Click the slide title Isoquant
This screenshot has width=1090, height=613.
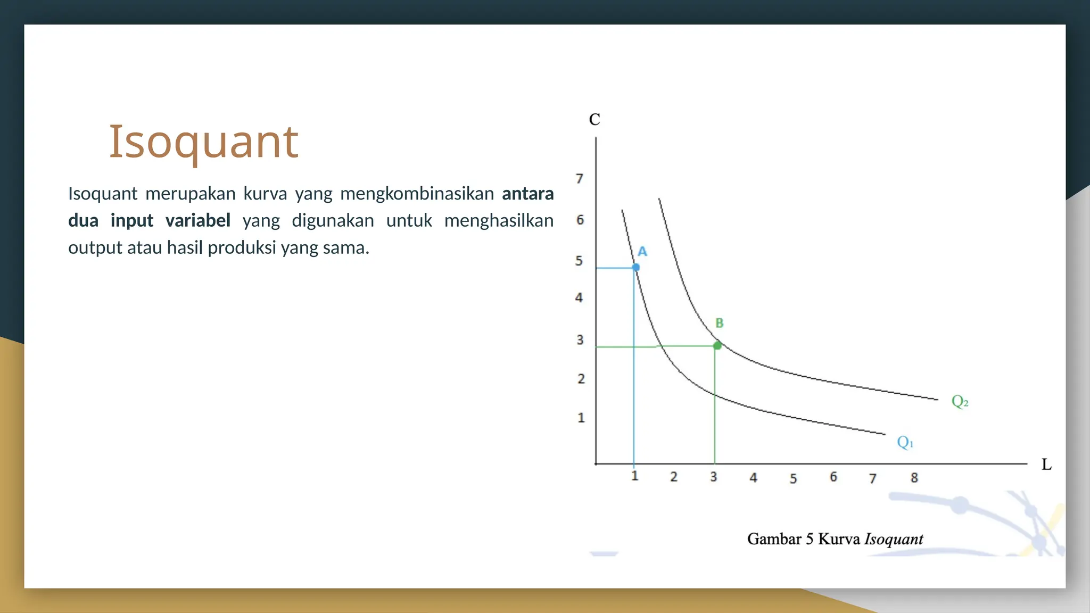(x=203, y=142)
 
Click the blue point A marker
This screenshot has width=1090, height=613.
(x=636, y=267)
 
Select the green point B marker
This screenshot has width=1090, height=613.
(x=717, y=346)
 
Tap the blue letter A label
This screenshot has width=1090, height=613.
(x=642, y=252)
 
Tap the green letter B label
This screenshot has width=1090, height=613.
(x=720, y=323)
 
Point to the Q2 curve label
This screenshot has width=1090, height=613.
(x=960, y=401)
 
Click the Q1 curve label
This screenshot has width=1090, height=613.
(x=905, y=442)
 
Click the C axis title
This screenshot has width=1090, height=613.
(x=594, y=120)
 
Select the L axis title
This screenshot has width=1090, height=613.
(x=1046, y=465)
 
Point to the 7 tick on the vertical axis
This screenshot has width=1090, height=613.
(x=580, y=179)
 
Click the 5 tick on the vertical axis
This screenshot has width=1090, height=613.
(x=579, y=261)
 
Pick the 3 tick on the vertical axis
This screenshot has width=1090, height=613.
(x=580, y=339)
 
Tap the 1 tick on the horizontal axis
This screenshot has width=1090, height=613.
(x=634, y=476)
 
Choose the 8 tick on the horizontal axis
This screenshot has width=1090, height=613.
(x=914, y=478)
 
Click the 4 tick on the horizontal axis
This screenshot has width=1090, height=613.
(x=753, y=478)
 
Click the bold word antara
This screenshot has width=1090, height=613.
(x=527, y=194)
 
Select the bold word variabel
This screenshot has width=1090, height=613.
(x=197, y=220)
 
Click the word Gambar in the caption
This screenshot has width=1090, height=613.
(x=774, y=539)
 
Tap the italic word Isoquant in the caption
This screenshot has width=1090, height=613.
(x=894, y=539)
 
